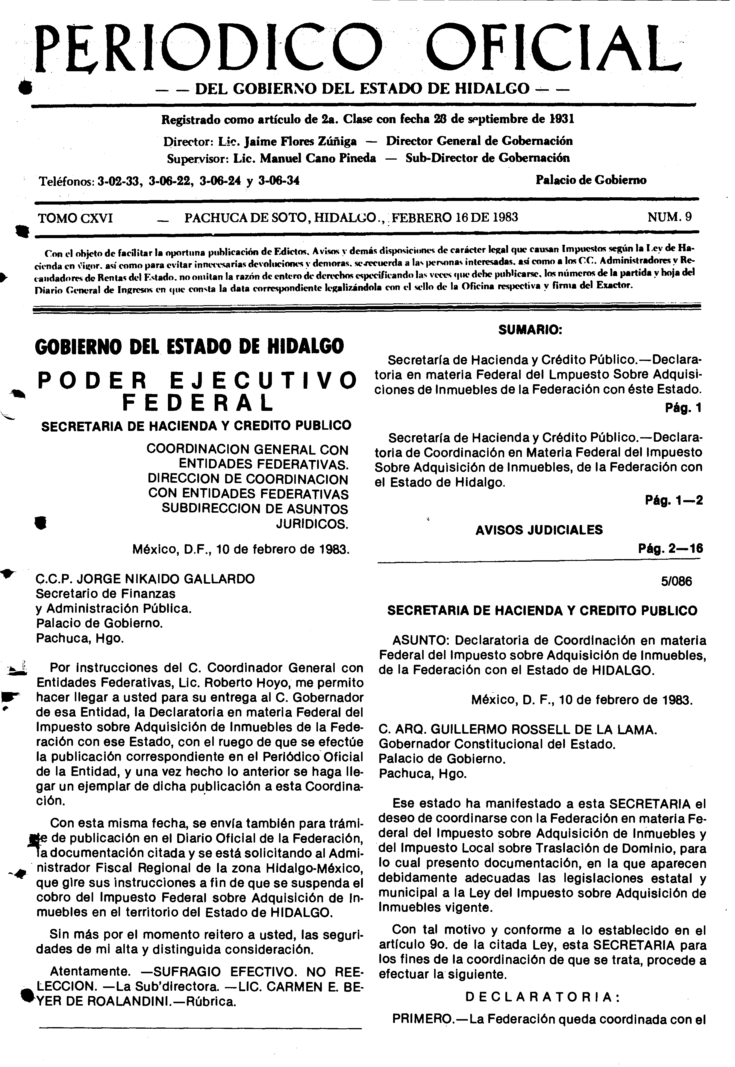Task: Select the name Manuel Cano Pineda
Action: pos(317,158)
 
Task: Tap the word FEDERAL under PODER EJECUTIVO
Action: pos(198,403)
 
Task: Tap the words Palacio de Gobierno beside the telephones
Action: pos(591,180)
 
